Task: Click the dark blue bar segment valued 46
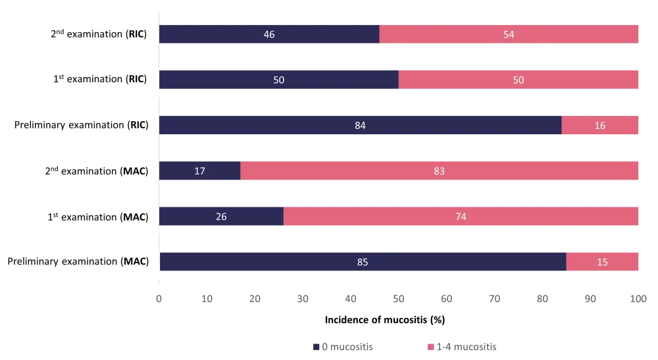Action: pyautogui.click(x=269, y=34)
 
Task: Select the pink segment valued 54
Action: pyautogui.click(x=510, y=34)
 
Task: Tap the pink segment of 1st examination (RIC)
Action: pyautogui.click(x=519, y=80)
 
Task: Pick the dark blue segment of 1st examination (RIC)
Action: pyautogui.click(x=279, y=80)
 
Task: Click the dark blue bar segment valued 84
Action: pyautogui.click(x=360, y=126)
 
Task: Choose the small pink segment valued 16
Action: pyautogui.click(x=601, y=126)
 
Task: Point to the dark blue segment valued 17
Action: pyautogui.click(x=200, y=171)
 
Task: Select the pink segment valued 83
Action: pyautogui.click(x=440, y=171)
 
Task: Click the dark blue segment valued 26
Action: pyautogui.click(x=222, y=216)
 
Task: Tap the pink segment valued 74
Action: pyautogui.click(x=462, y=216)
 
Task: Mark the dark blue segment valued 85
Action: pyautogui.click(x=363, y=262)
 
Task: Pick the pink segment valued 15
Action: pyautogui.click(x=603, y=262)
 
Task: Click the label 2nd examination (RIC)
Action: pyautogui.click(x=99, y=34)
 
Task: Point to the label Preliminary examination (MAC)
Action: pyautogui.click(x=78, y=262)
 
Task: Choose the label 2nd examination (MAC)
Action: pyautogui.click(x=96, y=171)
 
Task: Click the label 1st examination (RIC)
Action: pyautogui.click(x=99, y=80)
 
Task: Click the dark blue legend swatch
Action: pyautogui.click(x=316, y=347)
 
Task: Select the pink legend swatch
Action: pyautogui.click(x=432, y=347)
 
